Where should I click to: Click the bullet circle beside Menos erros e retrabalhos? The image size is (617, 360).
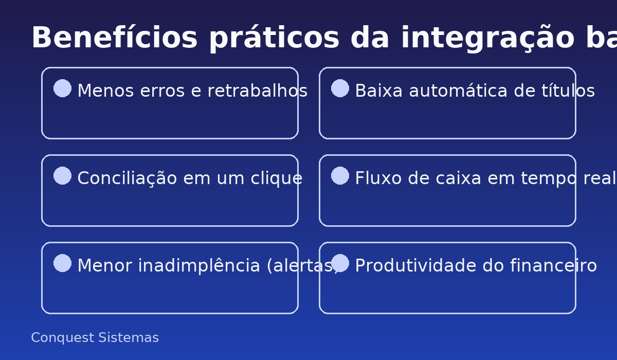62,88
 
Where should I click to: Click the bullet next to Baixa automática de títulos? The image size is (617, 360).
340,88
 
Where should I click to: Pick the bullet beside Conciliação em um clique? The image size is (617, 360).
62,176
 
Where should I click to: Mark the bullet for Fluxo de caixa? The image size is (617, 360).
340,176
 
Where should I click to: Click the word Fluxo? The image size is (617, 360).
372,178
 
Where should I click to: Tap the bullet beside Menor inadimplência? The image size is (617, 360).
62,263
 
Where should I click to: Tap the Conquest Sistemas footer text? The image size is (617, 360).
95,338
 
